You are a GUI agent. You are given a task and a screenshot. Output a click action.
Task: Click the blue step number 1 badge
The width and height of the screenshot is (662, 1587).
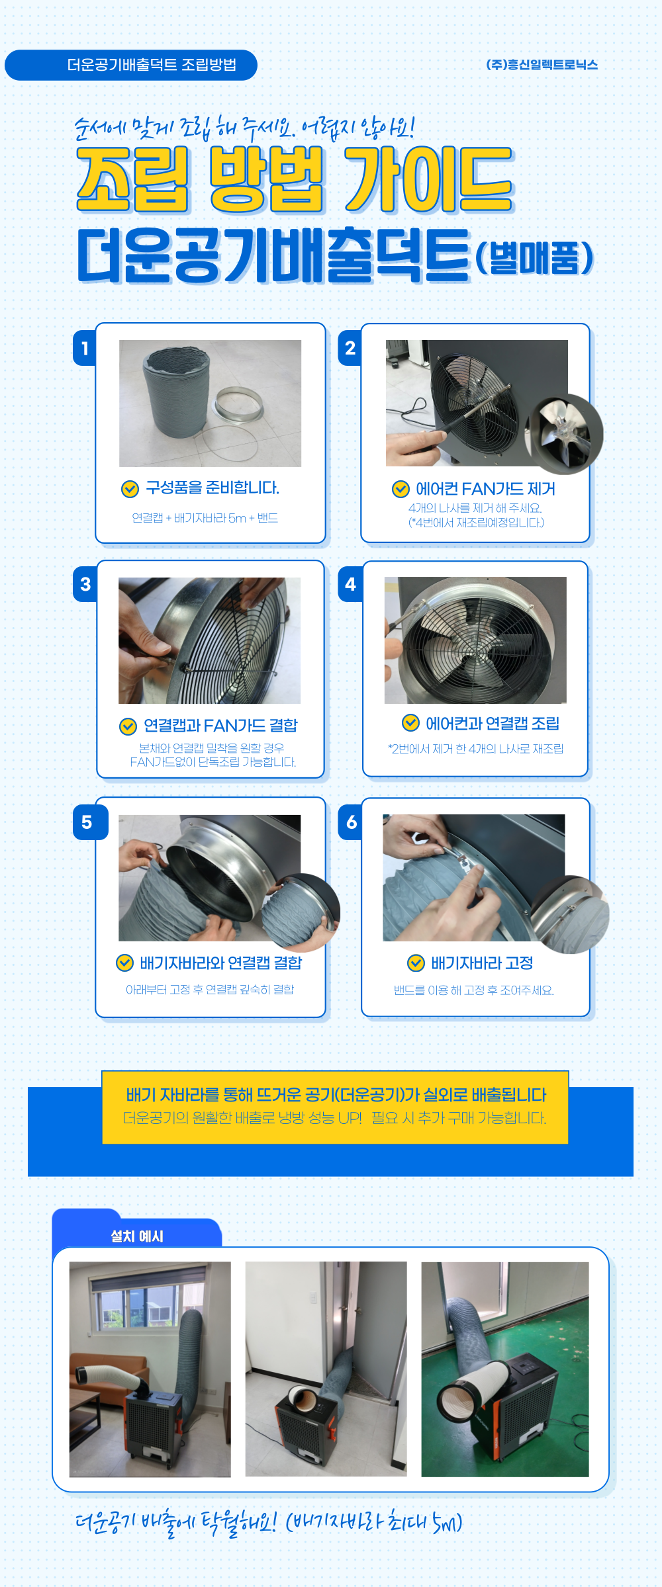pos(85,348)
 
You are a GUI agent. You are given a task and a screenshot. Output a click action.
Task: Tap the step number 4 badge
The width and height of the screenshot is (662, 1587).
pos(350,584)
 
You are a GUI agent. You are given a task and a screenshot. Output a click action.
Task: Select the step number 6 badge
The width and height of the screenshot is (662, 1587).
pos(351,822)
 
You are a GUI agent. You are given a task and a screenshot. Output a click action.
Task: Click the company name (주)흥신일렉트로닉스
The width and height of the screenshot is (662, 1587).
pos(542,65)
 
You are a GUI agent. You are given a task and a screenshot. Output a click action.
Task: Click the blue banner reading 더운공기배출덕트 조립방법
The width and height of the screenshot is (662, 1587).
pos(131,65)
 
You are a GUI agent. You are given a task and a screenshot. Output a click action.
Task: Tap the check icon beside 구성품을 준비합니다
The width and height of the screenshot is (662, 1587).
pos(130,489)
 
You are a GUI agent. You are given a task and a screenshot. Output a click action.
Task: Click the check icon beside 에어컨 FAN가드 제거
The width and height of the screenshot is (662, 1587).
pos(401,489)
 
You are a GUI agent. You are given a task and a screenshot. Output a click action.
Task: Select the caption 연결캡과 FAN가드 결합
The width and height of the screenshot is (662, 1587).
pos(221,726)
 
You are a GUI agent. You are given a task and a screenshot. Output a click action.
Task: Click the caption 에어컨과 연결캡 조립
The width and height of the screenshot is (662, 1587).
pos(493,724)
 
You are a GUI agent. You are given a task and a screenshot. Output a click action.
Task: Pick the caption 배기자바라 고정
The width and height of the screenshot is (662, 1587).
pos(482,963)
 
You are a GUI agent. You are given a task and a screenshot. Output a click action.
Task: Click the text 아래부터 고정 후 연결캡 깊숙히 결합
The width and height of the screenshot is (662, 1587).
pos(210,990)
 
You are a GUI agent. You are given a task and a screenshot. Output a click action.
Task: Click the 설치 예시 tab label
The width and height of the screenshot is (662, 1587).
pos(137,1236)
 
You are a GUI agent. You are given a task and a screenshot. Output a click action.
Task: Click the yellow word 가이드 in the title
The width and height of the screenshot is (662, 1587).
pos(429,179)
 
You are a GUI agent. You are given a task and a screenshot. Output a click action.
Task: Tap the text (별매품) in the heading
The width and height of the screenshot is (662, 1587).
pos(534,258)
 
